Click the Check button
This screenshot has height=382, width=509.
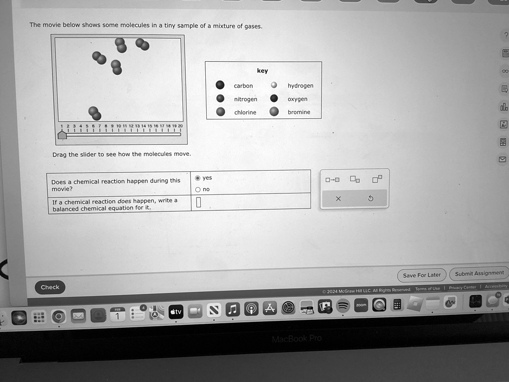pyautogui.click(x=50, y=287)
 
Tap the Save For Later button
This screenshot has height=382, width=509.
pyautogui.click(x=422, y=275)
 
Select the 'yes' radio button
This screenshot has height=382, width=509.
pyautogui.click(x=198, y=178)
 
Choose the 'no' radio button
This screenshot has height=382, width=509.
pyautogui.click(x=198, y=190)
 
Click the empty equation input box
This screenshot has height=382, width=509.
pyautogui.click(x=198, y=202)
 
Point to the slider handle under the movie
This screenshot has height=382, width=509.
pyautogui.click(x=62, y=134)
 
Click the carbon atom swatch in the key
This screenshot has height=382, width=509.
pyautogui.click(x=220, y=85)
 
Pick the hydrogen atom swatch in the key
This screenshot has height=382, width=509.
pyautogui.click(x=273, y=85)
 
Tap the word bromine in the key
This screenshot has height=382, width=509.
pyautogui.click(x=299, y=112)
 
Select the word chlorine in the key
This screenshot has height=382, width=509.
pyautogui.click(x=245, y=112)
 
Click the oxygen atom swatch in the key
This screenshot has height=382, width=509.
pyautogui.click(x=274, y=98)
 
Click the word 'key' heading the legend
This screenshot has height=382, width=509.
pyautogui.click(x=262, y=71)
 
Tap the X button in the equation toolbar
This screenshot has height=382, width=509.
pyautogui.click(x=338, y=198)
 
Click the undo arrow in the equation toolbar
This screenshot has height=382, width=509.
pyautogui.click(x=370, y=198)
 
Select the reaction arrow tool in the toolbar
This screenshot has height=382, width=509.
pyautogui.click(x=333, y=180)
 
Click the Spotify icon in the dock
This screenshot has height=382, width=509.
pyautogui.click(x=343, y=306)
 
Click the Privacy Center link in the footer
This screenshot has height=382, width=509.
pyautogui.click(x=462, y=287)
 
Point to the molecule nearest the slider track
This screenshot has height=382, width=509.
pyautogui.click(x=94, y=113)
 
